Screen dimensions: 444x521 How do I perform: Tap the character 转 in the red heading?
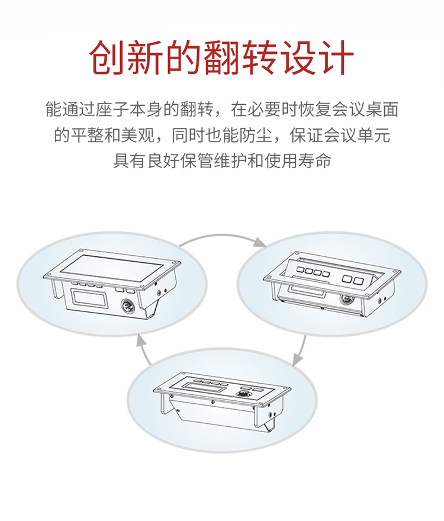[x=260, y=58]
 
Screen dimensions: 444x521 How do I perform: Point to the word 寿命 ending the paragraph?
[x=314, y=160]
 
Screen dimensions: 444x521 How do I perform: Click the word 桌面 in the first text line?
[x=382, y=110]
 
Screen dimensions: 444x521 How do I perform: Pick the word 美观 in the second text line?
[x=138, y=135]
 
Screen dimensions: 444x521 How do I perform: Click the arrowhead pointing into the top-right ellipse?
[x=259, y=242]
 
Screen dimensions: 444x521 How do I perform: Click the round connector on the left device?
[x=127, y=304]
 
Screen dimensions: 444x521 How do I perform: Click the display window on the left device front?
[x=90, y=297]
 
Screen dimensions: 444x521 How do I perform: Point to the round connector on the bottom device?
[x=240, y=394]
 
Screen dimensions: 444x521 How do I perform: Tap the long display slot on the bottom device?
[x=201, y=387]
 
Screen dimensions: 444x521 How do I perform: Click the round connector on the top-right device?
[x=345, y=298]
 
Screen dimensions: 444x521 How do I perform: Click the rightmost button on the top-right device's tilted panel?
[x=358, y=281]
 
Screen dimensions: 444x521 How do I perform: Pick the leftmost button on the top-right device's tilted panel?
[x=300, y=271]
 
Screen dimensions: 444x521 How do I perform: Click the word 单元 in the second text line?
[x=374, y=135]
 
